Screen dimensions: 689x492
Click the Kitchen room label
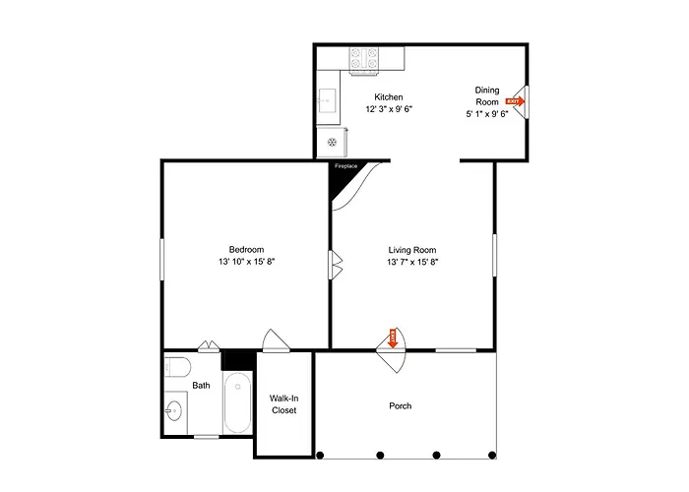pos(389,97)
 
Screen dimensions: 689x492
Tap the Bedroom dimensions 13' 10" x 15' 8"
pos(246,262)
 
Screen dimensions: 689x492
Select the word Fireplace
pos(345,166)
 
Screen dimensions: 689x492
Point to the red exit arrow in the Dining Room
pos(515,101)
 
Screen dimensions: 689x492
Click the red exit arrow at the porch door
pos(393,338)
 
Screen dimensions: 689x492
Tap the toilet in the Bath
pos(177,367)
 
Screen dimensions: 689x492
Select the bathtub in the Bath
pos(237,401)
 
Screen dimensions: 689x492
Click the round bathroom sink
pos(173,411)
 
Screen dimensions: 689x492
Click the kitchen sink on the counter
pos(328,100)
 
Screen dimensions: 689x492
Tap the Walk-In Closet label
pos(283,404)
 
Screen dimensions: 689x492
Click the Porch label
pos(401,405)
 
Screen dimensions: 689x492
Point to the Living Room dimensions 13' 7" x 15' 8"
pos(412,263)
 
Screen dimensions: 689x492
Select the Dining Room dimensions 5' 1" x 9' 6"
pos(487,114)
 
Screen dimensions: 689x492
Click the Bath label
pos(201,386)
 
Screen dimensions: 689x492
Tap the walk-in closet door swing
pos(276,340)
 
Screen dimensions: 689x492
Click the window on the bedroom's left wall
pos(161,259)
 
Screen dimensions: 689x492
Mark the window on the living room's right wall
pos(494,255)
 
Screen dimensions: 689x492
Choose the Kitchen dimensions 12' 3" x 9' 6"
pos(389,109)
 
